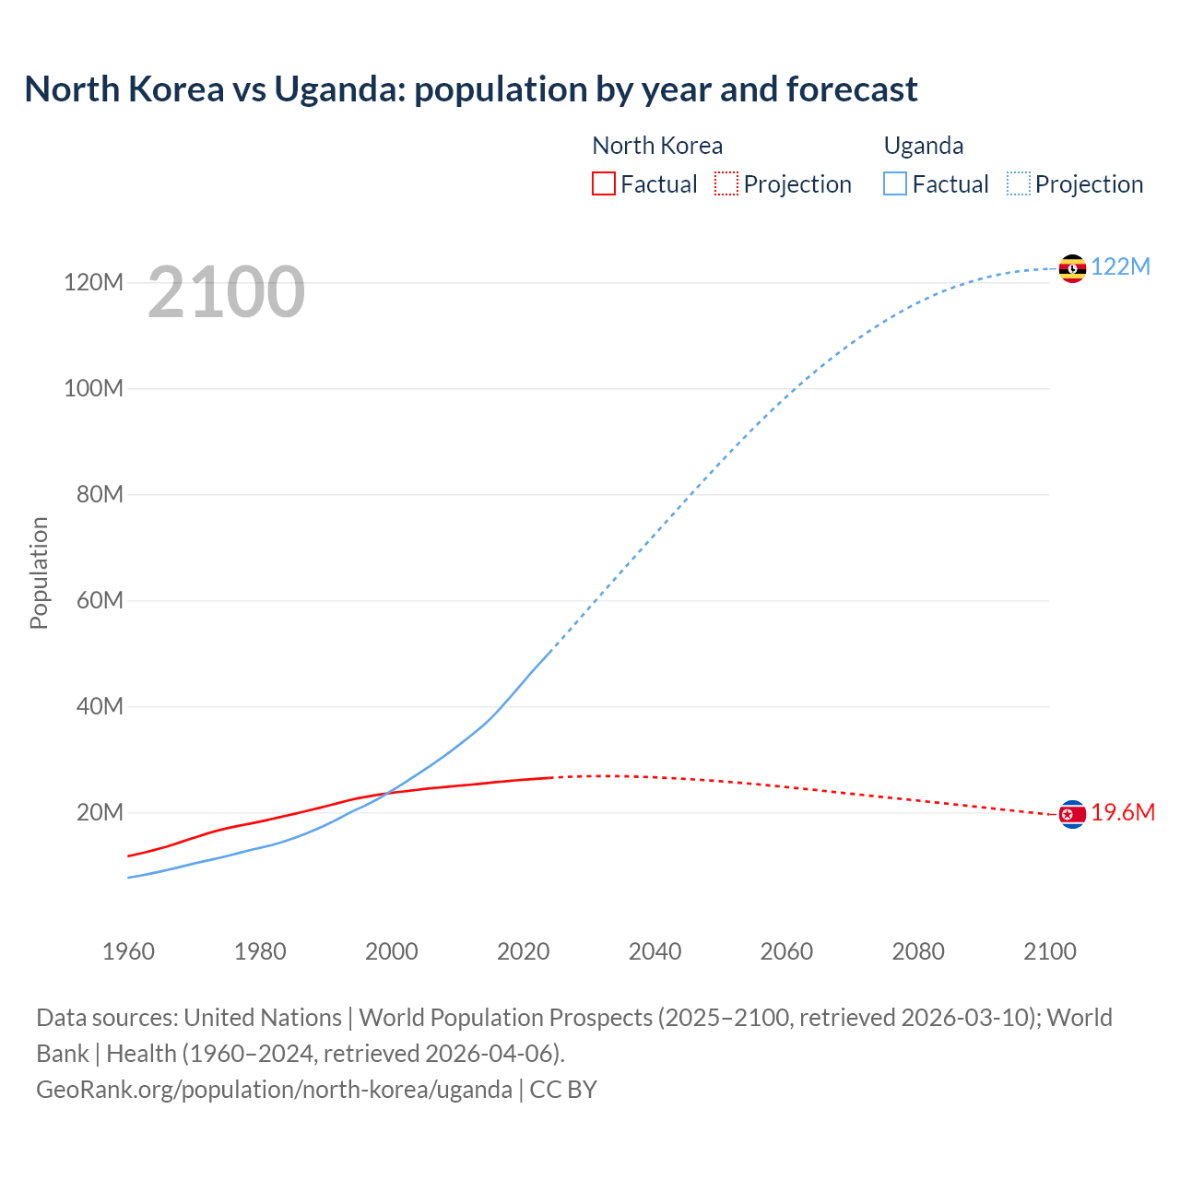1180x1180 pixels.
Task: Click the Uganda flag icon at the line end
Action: (1072, 268)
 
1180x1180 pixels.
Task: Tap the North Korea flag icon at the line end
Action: (1072, 814)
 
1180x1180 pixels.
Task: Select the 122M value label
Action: (1121, 266)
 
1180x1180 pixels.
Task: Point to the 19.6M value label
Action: (1123, 812)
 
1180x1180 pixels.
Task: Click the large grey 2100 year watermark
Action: (226, 291)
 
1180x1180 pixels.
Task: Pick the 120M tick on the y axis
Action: (93, 282)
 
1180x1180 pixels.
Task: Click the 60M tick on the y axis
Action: (100, 600)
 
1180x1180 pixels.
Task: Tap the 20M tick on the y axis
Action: (100, 812)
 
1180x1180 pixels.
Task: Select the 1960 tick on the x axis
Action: (128, 951)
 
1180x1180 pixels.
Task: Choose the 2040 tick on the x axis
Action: (655, 951)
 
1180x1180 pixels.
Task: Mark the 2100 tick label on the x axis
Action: (1049, 951)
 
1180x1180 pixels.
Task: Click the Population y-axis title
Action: (39, 572)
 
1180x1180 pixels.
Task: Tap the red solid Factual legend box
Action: (603, 183)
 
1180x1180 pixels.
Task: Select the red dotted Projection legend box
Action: (726, 183)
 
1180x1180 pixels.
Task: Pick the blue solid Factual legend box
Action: (895, 183)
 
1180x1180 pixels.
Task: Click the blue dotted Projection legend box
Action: (1019, 183)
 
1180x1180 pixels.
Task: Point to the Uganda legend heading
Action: (924, 146)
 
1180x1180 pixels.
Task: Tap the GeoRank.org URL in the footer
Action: (274, 1089)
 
